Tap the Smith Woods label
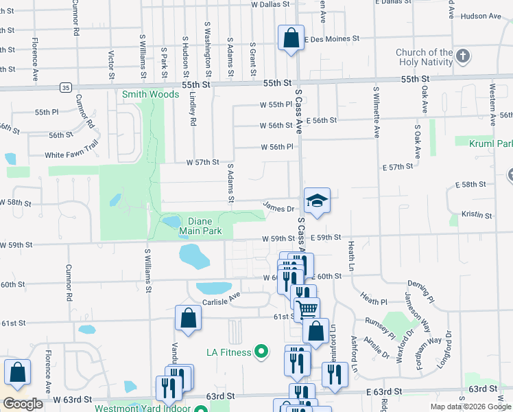[141, 94]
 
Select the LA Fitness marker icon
[261, 353]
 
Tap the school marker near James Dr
[317, 201]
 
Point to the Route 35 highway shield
[66, 87]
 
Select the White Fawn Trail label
[72, 155]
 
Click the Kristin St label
[477, 215]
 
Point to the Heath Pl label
[374, 301]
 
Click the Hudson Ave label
[481, 16]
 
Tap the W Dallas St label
[274, 4]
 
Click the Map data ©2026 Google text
[470, 407]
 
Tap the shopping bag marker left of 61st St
[187, 318]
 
